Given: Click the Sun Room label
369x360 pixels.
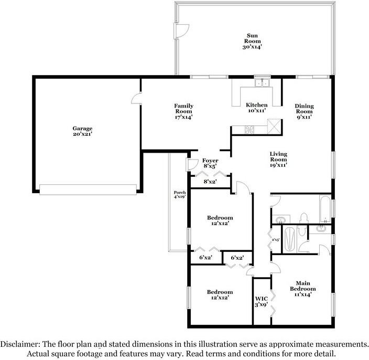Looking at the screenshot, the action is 252,41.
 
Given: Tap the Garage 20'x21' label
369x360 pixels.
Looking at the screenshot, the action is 82,131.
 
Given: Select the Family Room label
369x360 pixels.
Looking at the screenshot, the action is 184,111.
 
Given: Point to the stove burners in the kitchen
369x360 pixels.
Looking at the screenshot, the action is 249,130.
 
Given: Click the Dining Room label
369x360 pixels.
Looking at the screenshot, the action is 305,111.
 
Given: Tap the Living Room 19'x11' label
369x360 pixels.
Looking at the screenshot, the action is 278,160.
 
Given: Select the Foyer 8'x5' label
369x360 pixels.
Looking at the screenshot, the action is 210,163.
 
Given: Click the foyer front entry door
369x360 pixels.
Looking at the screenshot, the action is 192,164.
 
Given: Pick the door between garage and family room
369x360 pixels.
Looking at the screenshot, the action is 136,98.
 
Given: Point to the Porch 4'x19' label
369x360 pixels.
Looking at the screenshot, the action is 180,194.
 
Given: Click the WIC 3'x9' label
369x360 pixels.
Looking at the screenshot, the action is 262,302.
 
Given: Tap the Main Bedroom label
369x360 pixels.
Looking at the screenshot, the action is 303,289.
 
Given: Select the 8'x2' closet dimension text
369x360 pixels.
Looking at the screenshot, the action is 210,182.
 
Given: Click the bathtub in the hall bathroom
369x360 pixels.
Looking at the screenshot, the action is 325,209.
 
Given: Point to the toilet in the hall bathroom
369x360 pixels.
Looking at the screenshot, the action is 304,218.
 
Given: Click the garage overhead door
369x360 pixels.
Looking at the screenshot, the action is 88,189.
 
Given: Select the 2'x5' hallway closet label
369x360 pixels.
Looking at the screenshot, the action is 276,240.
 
